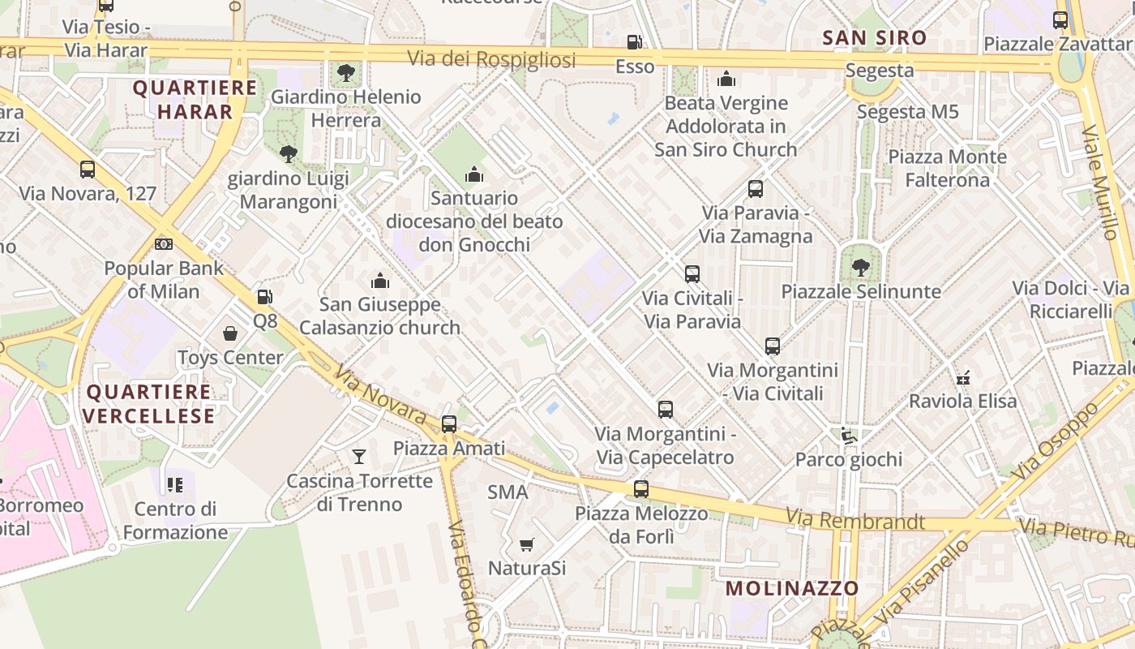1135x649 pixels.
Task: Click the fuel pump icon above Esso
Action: click(634, 41)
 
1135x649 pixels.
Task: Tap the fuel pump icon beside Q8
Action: click(264, 297)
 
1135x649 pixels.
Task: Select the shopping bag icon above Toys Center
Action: click(230, 333)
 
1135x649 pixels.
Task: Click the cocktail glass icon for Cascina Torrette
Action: click(359, 457)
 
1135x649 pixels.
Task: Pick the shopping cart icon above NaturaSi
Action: click(527, 544)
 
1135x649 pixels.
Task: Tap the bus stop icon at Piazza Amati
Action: click(448, 423)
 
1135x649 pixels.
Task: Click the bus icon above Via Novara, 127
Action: click(88, 170)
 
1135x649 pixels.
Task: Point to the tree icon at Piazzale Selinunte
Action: click(860, 267)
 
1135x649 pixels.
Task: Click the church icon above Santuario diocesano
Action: click(474, 174)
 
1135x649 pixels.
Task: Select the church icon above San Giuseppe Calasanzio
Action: click(379, 281)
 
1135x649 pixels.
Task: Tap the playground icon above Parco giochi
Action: click(848, 436)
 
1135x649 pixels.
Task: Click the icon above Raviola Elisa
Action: click(962, 377)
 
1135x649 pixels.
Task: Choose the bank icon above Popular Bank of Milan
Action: click(164, 244)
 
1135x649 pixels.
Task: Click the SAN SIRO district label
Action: click(874, 38)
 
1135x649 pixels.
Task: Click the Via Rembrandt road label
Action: click(854, 520)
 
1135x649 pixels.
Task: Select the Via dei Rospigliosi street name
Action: click(491, 59)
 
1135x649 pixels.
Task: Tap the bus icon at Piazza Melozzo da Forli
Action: click(640, 488)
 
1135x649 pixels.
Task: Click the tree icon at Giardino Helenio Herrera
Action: click(346, 72)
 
